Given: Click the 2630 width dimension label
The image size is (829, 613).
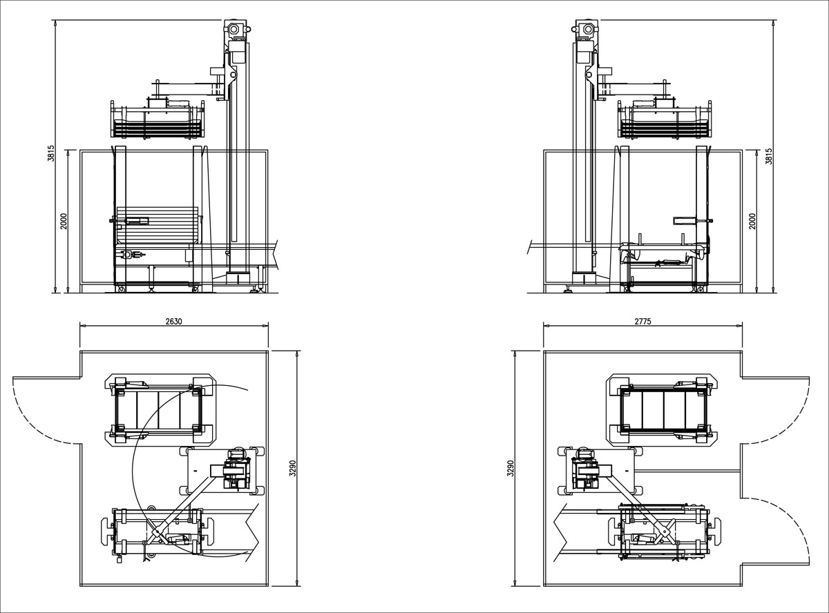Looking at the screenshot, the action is pyautogui.click(x=173, y=321).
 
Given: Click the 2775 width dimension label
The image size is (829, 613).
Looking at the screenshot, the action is pyautogui.click(x=642, y=321).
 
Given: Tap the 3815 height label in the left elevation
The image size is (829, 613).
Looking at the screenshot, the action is pyautogui.click(x=51, y=153).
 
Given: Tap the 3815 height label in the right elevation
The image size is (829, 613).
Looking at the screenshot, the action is pyautogui.click(x=768, y=156).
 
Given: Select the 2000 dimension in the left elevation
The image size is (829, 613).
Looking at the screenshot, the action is pyautogui.click(x=63, y=222).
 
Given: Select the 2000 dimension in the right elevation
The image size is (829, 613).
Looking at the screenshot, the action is pyautogui.click(x=752, y=222).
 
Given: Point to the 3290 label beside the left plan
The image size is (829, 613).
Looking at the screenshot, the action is pyautogui.click(x=293, y=468).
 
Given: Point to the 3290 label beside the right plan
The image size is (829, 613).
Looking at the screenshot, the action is pyautogui.click(x=511, y=468).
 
